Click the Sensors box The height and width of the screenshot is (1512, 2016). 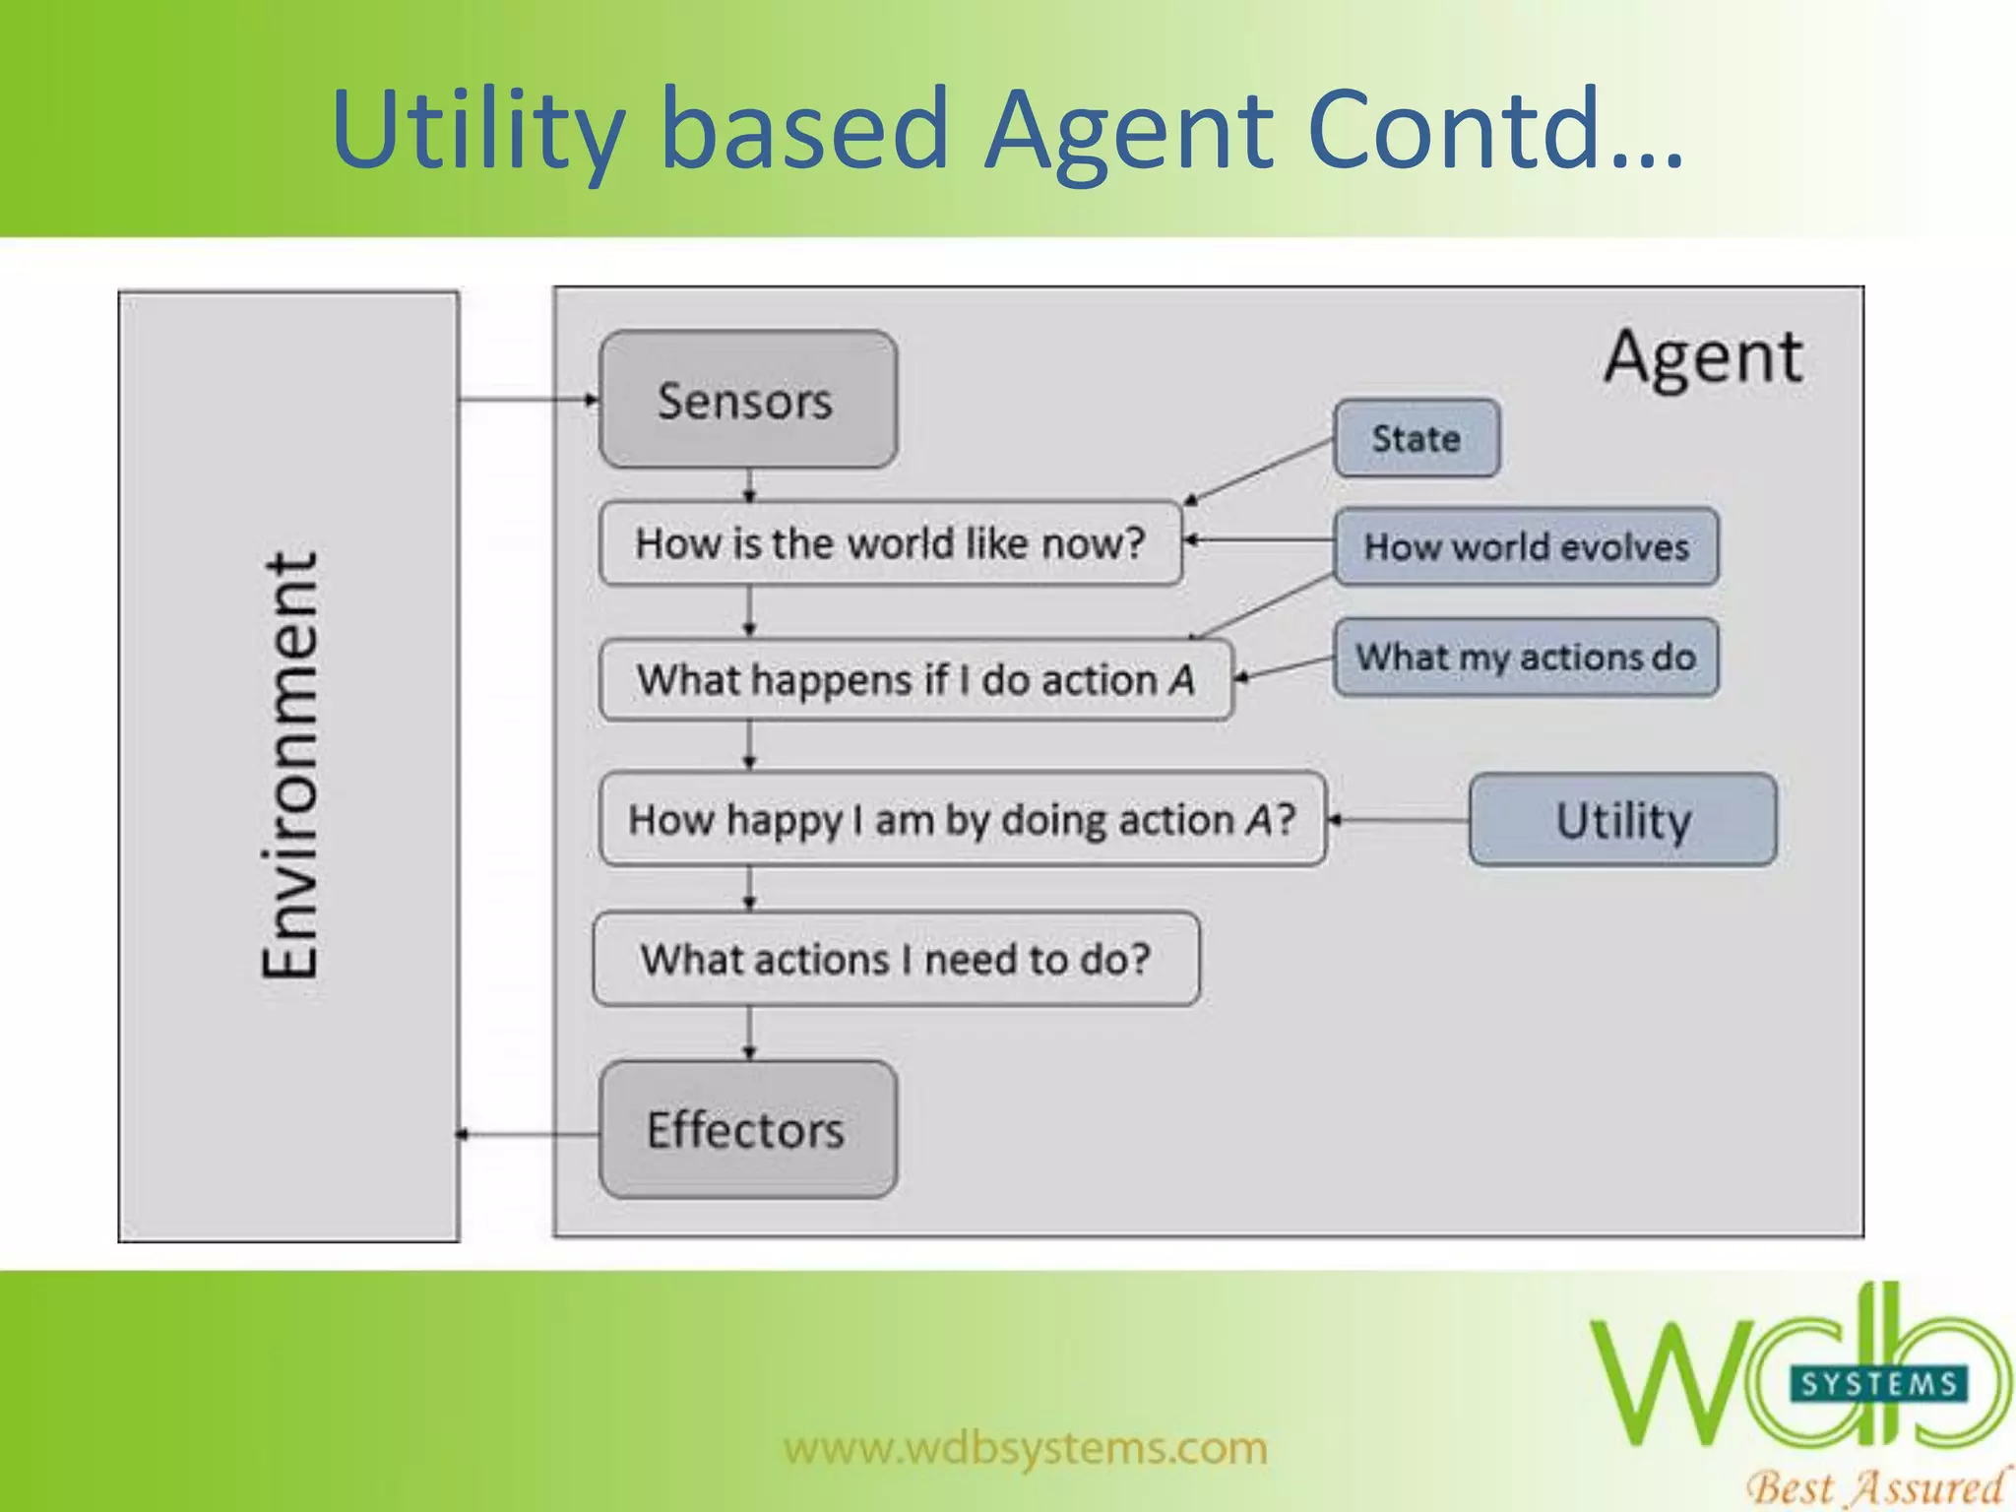click(748, 400)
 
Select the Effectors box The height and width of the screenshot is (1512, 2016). click(748, 1129)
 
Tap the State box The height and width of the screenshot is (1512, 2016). click(1417, 438)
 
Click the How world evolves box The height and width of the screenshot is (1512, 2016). click(1526, 546)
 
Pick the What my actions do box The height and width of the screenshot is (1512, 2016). click(1526, 657)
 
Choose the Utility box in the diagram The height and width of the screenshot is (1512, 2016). click(1622, 820)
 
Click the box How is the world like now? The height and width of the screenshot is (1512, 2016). click(890, 543)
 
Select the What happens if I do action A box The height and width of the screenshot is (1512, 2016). click(915, 680)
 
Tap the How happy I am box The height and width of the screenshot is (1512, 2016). click(962, 819)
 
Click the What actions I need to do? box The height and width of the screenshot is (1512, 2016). click(896, 959)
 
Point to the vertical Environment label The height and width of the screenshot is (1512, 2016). click(289, 766)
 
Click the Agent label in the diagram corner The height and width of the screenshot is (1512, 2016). click(1704, 356)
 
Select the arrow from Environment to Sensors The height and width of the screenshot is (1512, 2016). click(528, 400)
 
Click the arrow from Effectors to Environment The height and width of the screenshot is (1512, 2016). click(528, 1135)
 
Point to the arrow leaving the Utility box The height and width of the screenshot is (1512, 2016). click(1398, 820)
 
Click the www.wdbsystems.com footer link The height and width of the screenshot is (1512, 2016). click(1026, 1448)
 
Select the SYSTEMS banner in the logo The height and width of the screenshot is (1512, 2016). click(1878, 1384)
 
